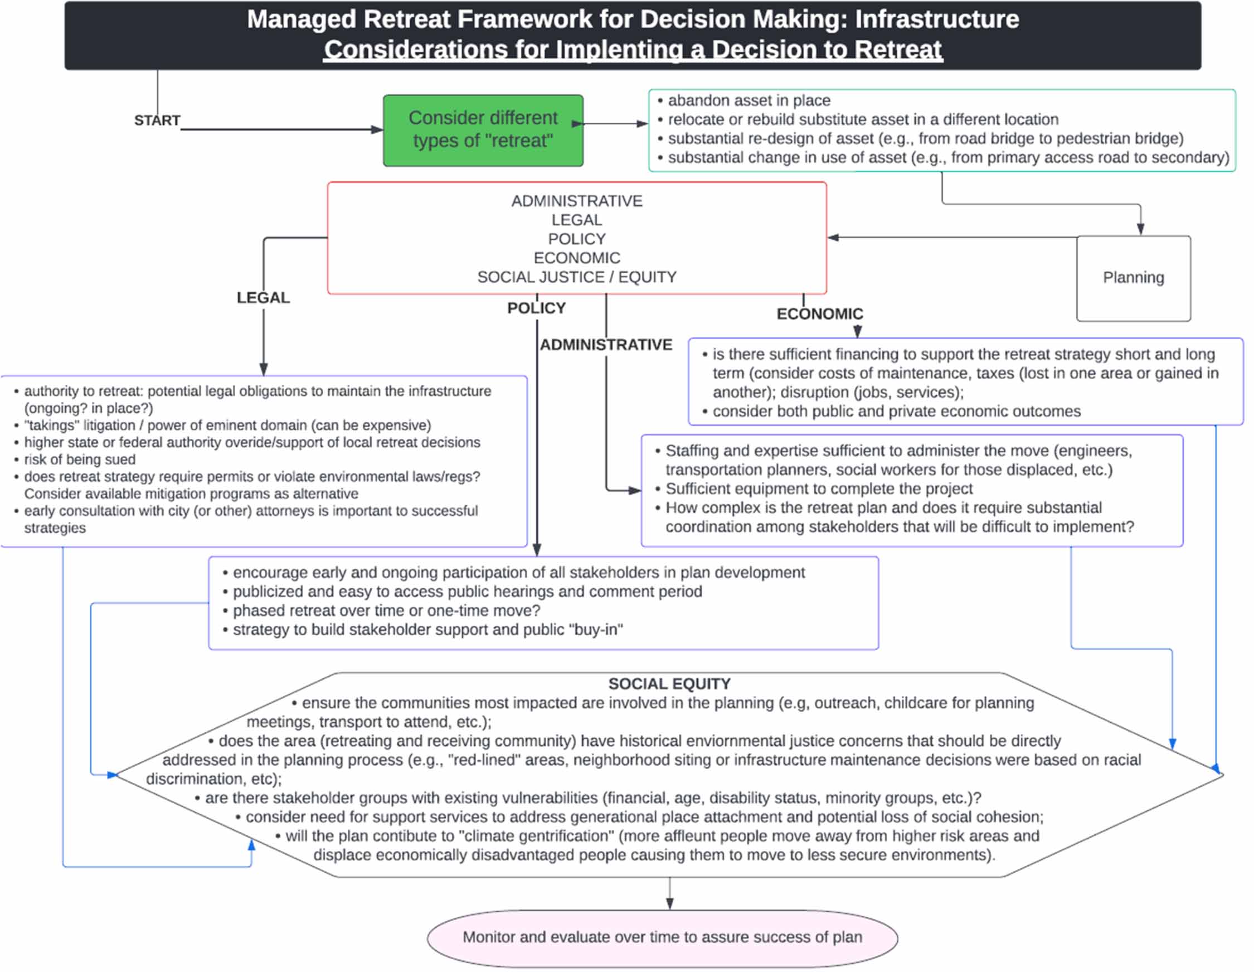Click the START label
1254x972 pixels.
point(157,120)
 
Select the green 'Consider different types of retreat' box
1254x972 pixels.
point(483,130)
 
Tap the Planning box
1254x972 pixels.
point(1133,278)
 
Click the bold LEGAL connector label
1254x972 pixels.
point(263,298)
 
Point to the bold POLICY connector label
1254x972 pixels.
point(536,308)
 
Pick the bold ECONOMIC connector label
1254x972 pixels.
point(819,313)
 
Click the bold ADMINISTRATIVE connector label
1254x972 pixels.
point(606,345)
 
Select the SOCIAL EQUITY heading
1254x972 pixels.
point(669,684)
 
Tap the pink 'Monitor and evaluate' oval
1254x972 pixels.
point(662,937)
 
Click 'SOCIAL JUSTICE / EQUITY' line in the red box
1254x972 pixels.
point(576,277)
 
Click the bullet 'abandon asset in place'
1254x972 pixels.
point(748,100)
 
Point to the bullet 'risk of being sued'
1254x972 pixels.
point(80,460)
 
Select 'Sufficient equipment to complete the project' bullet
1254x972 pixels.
point(819,489)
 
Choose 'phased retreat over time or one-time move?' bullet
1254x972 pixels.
point(386,611)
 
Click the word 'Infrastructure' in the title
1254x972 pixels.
point(937,19)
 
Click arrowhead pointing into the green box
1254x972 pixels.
point(377,130)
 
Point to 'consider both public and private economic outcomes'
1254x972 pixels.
point(896,412)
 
